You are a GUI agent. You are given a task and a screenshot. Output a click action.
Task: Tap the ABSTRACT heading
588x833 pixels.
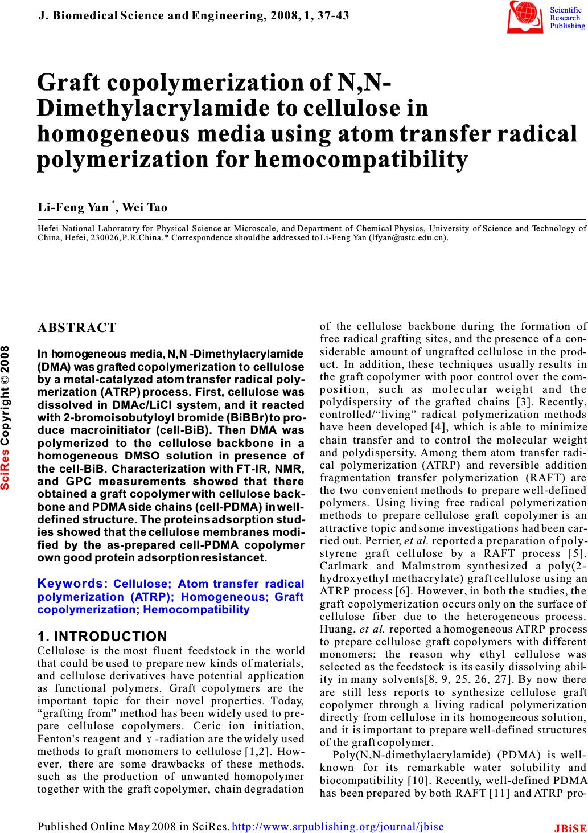77,327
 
